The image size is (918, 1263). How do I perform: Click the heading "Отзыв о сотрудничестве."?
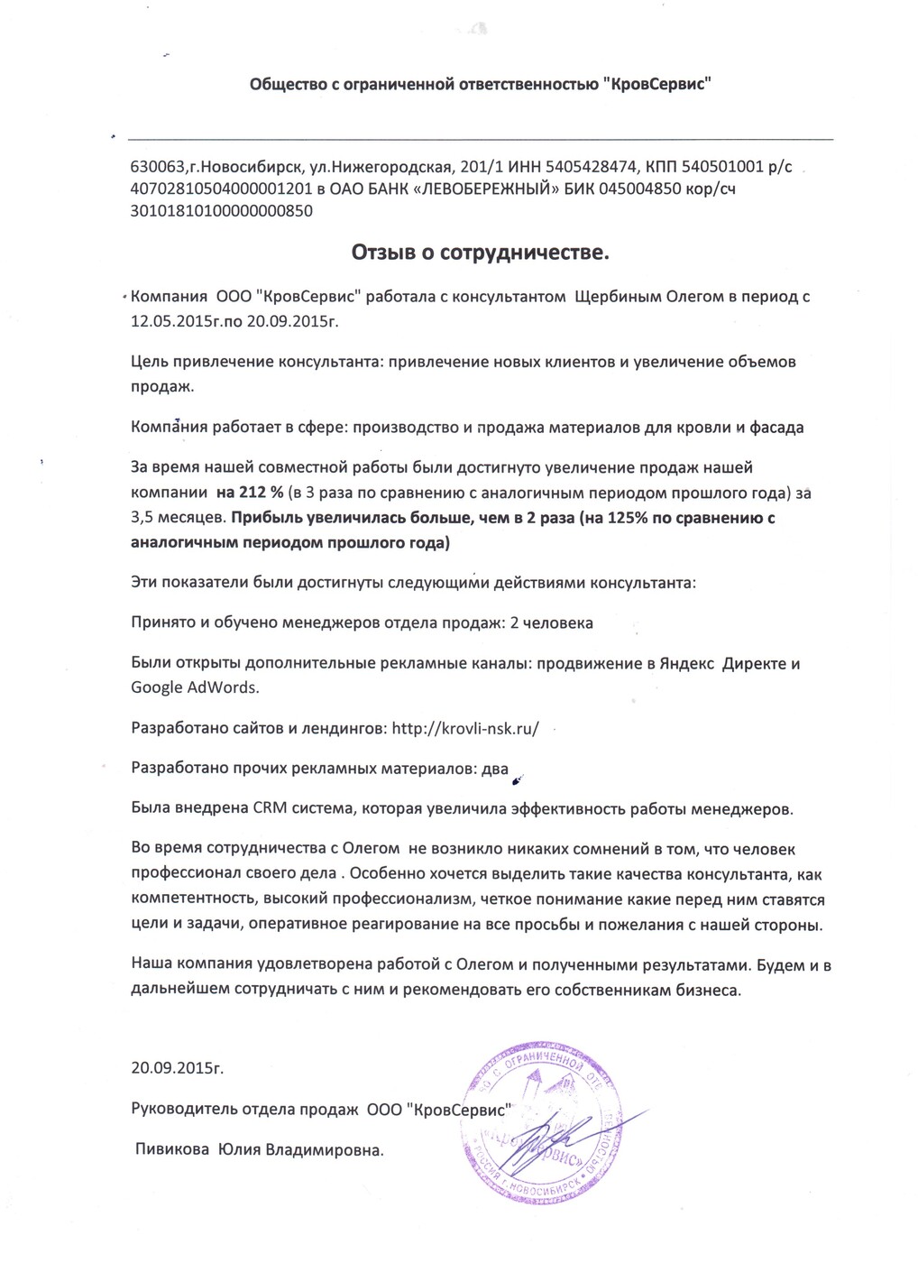click(x=481, y=253)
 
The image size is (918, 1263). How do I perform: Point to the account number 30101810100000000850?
click(x=222, y=211)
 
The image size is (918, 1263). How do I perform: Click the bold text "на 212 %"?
click(x=248, y=493)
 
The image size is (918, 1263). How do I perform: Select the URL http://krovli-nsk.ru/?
click(x=465, y=728)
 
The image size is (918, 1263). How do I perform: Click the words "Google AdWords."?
click(x=195, y=687)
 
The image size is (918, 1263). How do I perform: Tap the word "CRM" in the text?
click(x=269, y=808)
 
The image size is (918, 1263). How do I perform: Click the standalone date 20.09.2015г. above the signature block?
click(x=177, y=1068)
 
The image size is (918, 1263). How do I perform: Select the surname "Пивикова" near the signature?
click(x=173, y=1150)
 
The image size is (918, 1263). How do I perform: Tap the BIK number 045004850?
click(x=637, y=189)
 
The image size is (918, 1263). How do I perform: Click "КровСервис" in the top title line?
click(x=659, y=85)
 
